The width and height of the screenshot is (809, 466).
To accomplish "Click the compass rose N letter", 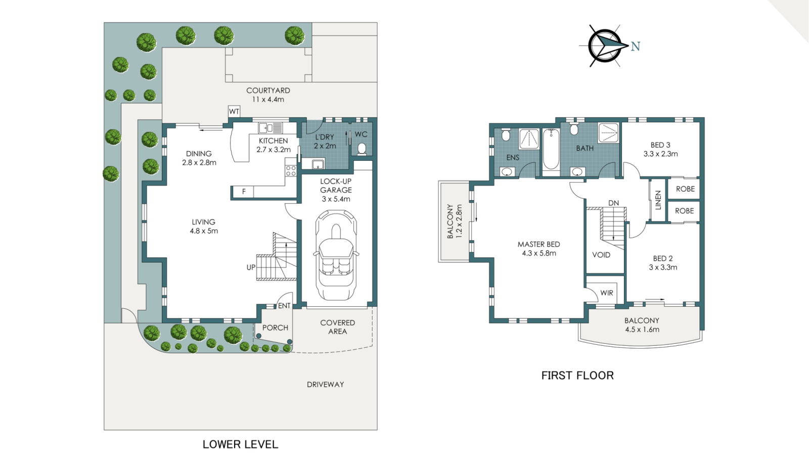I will point(636,46).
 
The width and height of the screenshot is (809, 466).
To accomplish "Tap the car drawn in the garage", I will point(336,255).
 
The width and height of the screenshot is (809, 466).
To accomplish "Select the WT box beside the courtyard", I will point(234,111).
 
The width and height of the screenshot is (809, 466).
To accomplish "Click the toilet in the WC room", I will point(362,149).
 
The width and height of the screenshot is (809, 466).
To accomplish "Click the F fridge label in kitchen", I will point(244,192).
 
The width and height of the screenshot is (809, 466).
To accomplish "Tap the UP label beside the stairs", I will point(251,267).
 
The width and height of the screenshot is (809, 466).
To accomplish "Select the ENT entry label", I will point(284,306).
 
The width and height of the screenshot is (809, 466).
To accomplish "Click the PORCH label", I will point(275,328).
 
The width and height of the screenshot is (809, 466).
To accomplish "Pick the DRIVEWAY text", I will point(325,385).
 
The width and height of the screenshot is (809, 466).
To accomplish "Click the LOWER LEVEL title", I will point(240,444).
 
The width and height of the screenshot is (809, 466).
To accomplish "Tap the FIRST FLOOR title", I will point(577,376).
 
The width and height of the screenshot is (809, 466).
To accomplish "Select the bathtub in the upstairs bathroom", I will point(551,150).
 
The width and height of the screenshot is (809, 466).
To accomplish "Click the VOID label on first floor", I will point(601,255).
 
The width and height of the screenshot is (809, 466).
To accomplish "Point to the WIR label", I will point(607,293).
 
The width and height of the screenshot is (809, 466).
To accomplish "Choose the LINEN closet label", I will point(658,200).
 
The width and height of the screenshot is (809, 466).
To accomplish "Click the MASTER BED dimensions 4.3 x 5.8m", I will point(539,253).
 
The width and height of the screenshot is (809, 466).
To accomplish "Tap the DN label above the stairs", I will point(613,203).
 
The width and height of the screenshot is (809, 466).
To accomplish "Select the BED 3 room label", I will point(660,145).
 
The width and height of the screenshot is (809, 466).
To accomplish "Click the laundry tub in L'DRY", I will point(318,164).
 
